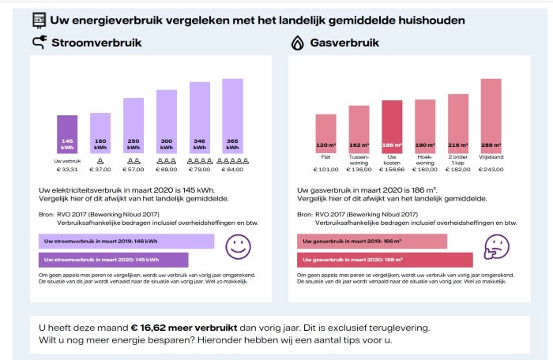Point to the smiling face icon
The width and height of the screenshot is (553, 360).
[x=238, y=247]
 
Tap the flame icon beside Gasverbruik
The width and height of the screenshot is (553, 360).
[x=298, y=43]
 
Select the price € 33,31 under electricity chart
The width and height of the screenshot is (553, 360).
[x=67, y=169]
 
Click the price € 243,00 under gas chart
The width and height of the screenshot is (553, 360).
[x=491, y=169]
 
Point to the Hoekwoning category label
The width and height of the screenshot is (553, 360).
[x=425, y=159]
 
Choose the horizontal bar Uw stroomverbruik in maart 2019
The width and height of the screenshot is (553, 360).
[x=126, y=241]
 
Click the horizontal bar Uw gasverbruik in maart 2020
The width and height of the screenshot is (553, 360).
[x=385, y=259]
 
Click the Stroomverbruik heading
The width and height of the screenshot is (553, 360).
[x=96, y=43]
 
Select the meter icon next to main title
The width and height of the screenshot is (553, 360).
[x=38, y=19]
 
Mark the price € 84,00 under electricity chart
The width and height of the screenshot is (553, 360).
[x=232, y=169]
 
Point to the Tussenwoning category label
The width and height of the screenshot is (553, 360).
[x=359, y=159]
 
